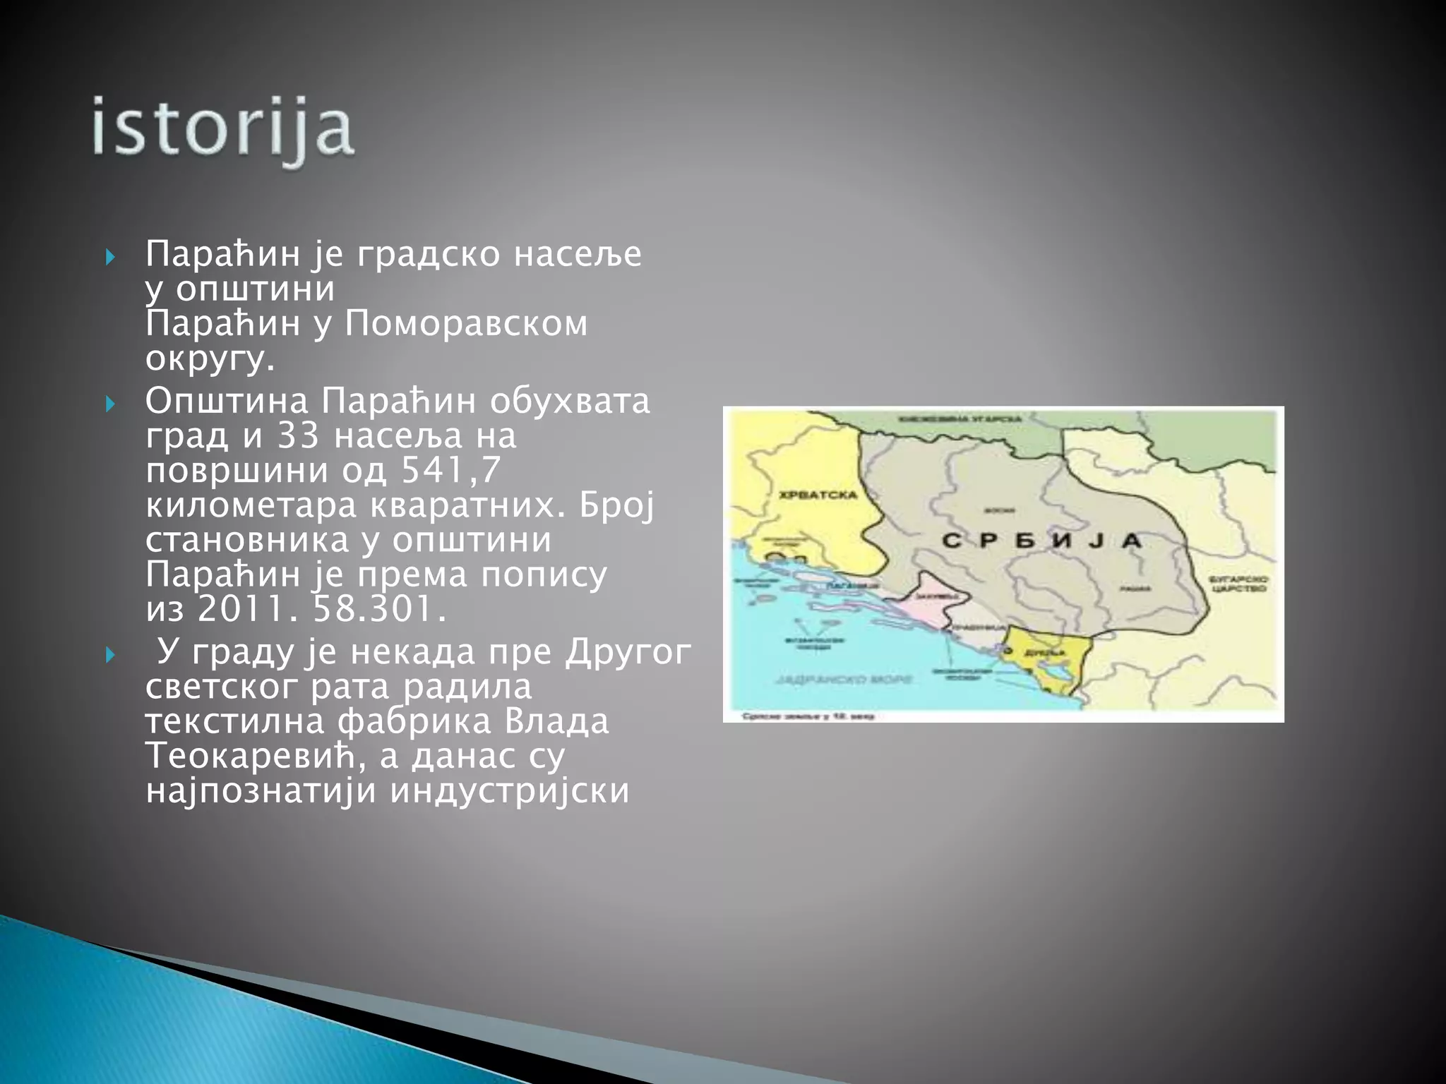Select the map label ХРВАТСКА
818,495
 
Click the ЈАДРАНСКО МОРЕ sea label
843,680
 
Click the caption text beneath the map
808,716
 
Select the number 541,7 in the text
450,470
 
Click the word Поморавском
466,324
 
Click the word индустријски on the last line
509,790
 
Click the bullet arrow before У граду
109,656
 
